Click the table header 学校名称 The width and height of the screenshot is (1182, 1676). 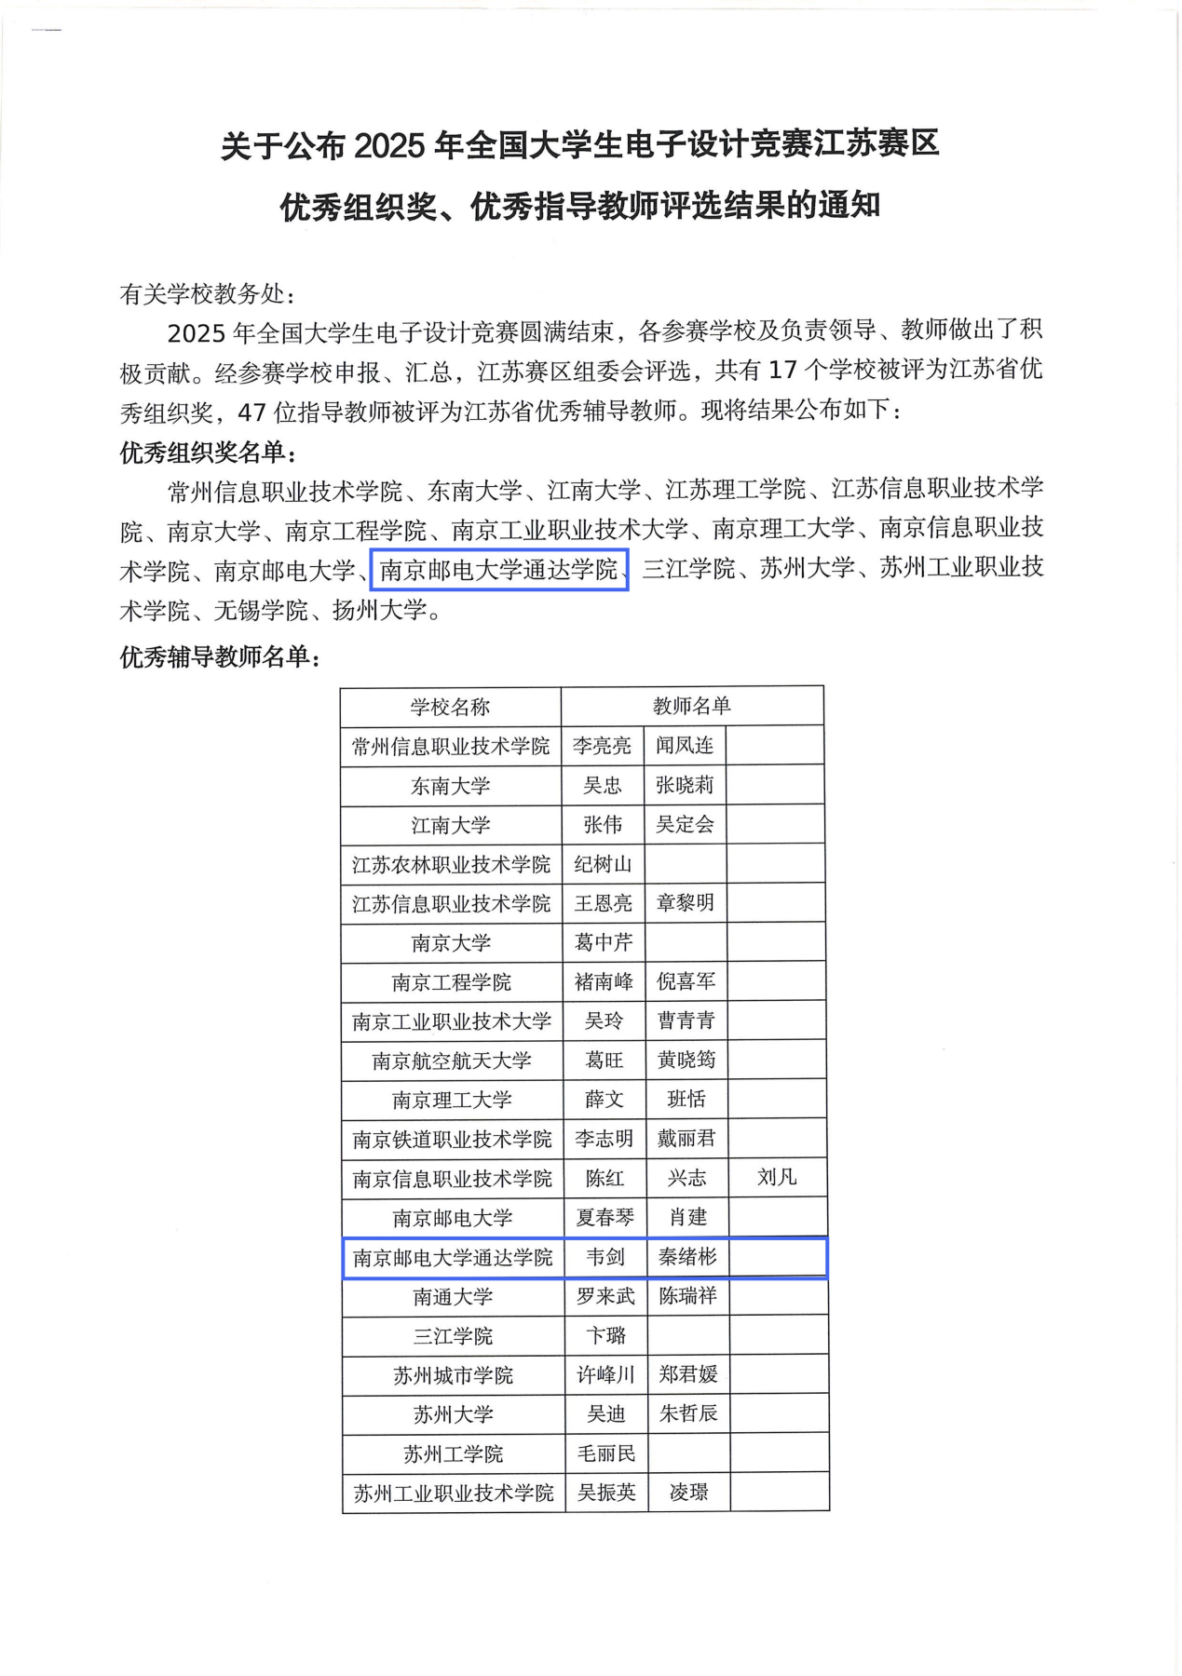(x=450, y=707)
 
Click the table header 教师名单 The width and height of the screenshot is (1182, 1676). (x=691, y=706)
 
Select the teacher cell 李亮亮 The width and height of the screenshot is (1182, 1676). (x=602, y=746)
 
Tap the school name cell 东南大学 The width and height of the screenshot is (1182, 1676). (x=450, y=786)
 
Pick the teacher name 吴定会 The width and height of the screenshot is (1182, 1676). (x=685, y=824)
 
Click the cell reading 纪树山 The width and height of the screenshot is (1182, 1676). (x=603, y=864)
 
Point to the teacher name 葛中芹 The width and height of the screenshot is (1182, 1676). (x=604, y=942)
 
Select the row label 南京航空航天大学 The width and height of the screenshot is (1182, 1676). (x=452, y=1061)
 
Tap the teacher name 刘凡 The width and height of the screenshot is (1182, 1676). (x=777, y=1177)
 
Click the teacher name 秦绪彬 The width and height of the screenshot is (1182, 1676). (x=687, y=1257)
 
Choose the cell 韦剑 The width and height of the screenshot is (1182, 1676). (x=605, y=1257)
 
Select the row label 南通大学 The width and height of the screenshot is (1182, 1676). (x=453, y=1297)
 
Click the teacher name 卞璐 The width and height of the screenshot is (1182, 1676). (x=605, y=1336)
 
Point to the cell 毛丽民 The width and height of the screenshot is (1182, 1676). (x=606, y=1453)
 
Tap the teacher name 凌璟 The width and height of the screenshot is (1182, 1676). (x=689, y=1493)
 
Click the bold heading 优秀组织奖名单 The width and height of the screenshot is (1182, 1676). (x=202, y=453)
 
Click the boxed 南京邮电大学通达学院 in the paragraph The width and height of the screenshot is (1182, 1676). (x=499, y=570)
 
